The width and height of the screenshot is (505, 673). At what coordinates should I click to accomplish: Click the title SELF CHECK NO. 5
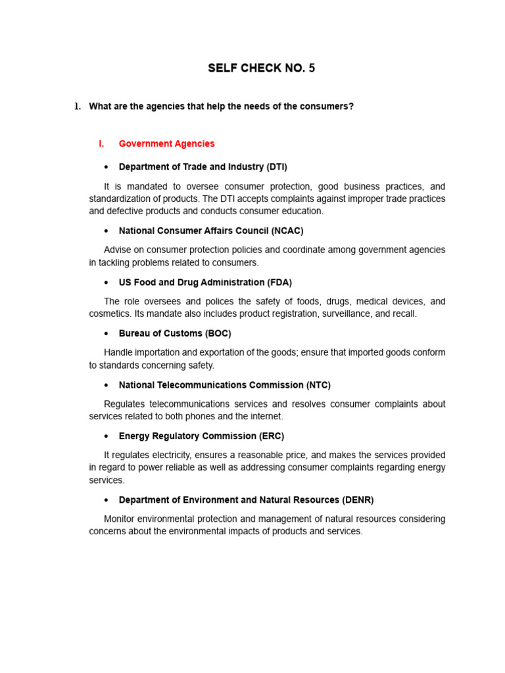click(x=261, y=68)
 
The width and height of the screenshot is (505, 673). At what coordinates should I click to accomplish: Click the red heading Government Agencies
click(x=166, y=144)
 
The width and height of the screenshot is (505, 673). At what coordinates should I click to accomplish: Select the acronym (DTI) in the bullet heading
click(x=277, y=167)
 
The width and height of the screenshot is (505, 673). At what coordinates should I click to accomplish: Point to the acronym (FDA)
click(x=279, y=283)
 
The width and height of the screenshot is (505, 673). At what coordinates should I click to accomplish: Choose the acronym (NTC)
click(x=318, y=385)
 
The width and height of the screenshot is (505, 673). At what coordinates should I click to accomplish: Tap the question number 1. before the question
click(x=77, y=106)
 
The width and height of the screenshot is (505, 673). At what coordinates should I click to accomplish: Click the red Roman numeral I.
click(x=101, y=144)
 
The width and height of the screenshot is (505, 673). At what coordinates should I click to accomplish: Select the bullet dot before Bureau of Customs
click(x=105, y=334)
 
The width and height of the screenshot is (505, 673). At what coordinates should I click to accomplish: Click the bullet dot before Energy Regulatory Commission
click(x=105, y=436)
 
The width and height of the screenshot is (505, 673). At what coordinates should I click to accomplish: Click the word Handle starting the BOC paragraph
click(x=119, y=352)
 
